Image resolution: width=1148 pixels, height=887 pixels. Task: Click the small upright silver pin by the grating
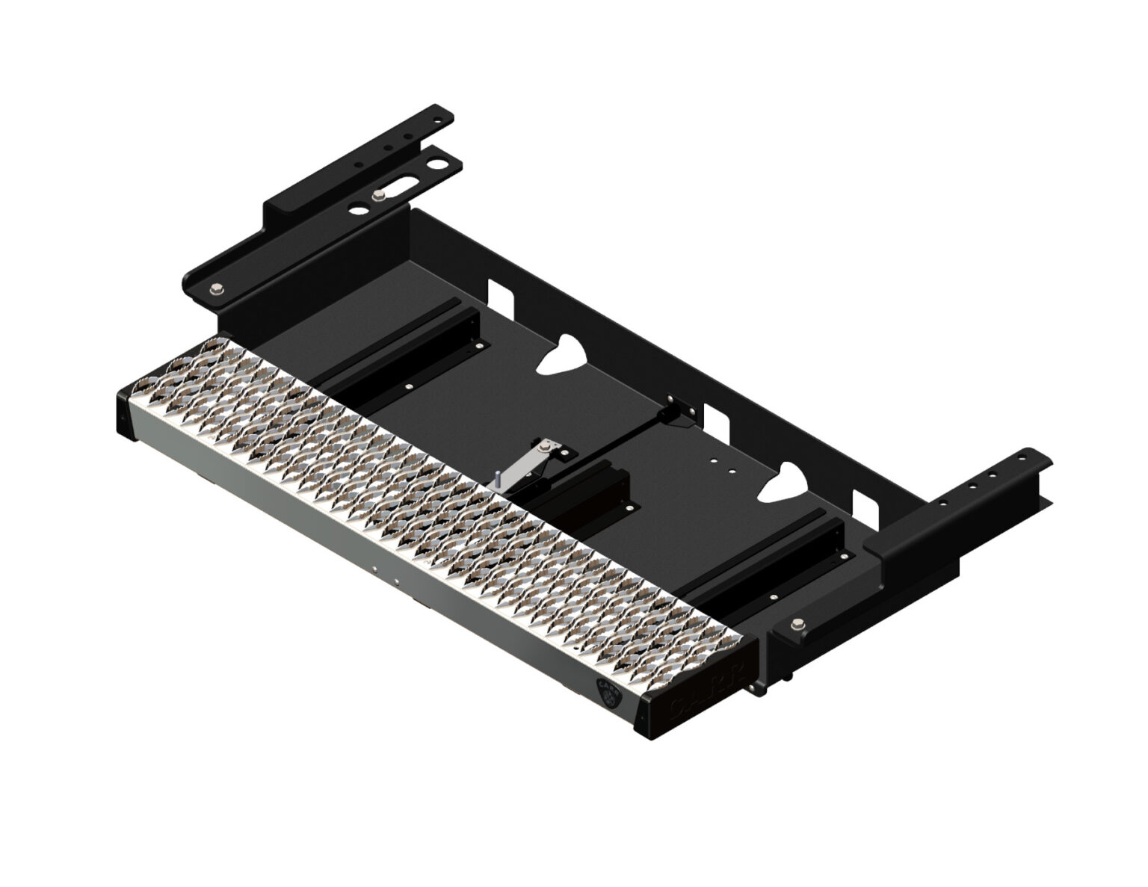coord(495,478)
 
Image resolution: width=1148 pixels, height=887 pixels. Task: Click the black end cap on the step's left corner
coord(126,411)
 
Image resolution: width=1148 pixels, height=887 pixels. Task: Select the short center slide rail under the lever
coord(590,493)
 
